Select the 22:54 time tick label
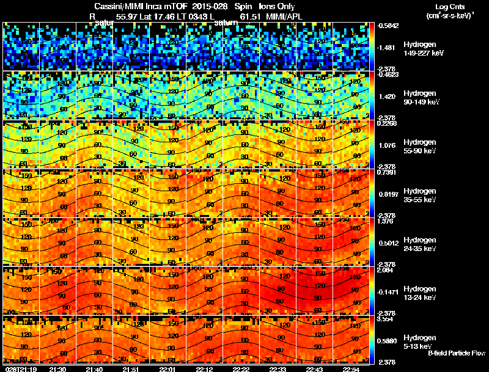pyautogui.click(x=351, y=369)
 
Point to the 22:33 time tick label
pyautogui.click(x=278, y=369)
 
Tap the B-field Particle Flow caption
pyautogui.click(x=457, y=353)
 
